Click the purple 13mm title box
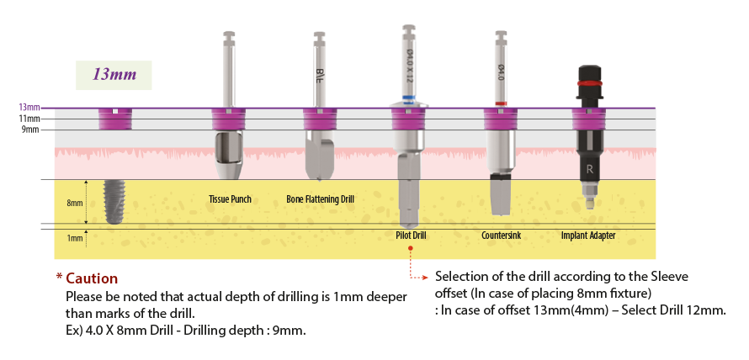[x=113, y=75]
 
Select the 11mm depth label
[x=29, y=119]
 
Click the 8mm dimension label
[x=75, y=203]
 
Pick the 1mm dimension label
[x=75, y=238]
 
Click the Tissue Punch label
[x=230, y=199]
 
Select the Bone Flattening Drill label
[x=320, y=199]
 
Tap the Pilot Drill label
[x=410, y=236]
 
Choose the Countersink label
[x=501, y=236]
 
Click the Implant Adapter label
[x=588, y=236]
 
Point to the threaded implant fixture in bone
[x=114, y=201]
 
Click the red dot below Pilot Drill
[x=410, y=249]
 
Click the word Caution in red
[x=92, y=278]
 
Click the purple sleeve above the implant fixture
[x=114, y=119]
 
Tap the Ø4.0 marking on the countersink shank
[x=501, y=74]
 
